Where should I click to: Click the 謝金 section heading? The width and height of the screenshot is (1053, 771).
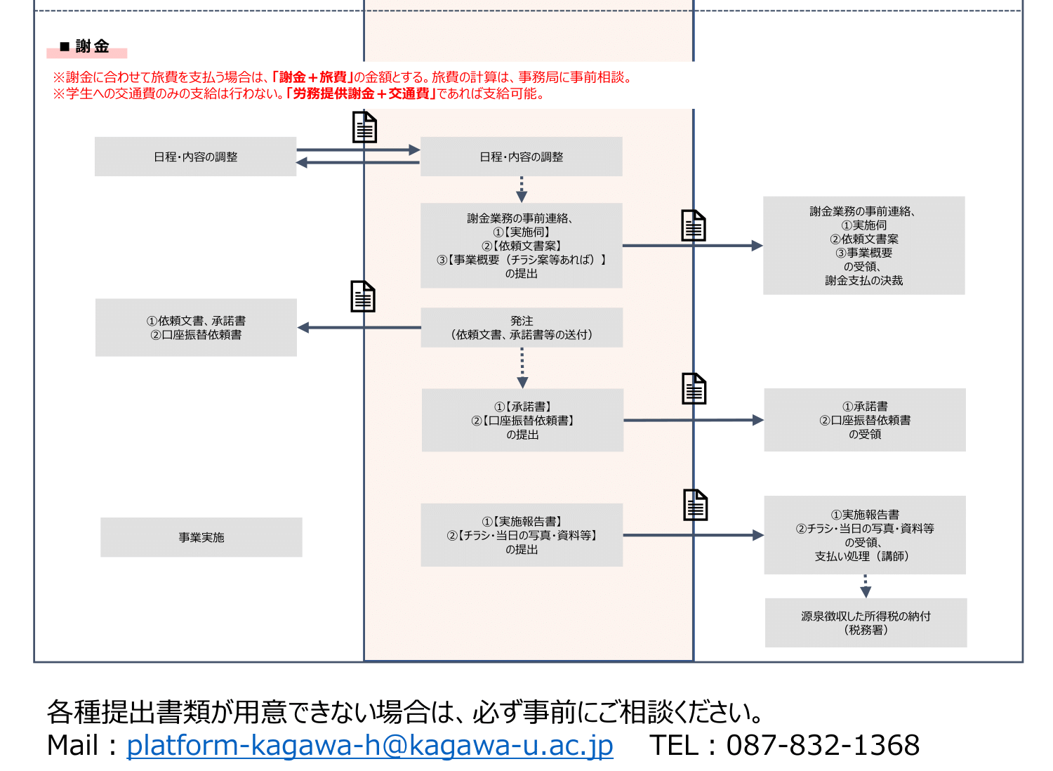[x=92, y=47]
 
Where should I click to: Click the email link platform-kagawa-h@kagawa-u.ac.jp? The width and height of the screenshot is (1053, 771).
[x=369, y=745]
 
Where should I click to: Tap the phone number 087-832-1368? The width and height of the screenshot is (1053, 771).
[x=823, y=745]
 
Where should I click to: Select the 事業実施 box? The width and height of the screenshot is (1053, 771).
[x=201, y=537]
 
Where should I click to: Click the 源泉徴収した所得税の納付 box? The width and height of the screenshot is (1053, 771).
[x=866, y=623]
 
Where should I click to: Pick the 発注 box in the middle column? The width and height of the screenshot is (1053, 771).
[x=522, y=327]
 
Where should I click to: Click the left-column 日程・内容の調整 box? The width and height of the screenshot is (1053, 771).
[x=195, y=157]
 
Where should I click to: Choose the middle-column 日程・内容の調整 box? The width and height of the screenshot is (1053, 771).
[x=521, y=157]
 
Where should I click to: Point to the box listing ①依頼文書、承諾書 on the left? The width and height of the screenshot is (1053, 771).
[x=196, y=327]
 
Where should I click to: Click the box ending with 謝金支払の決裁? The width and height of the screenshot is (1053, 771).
[x=863, y=246]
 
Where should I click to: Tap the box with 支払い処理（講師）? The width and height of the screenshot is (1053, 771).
[x=864, y=535]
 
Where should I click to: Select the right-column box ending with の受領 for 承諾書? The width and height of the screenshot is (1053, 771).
[x=864, y=420]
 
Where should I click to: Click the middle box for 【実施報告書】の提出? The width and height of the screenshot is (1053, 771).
[x=522, y=535]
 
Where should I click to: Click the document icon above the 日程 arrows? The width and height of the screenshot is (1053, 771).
[x=364, y=128]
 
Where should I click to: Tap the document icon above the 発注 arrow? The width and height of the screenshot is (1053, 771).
[x=363, y=296]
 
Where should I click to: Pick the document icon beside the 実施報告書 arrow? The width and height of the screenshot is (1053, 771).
[x=695, y=505]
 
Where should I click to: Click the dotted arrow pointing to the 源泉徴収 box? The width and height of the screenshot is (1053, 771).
[x=866, y=586]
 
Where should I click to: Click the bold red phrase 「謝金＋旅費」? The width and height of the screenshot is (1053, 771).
[x=312, y=77]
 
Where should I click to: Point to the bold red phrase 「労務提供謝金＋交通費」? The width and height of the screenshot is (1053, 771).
[x=361, y=93]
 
